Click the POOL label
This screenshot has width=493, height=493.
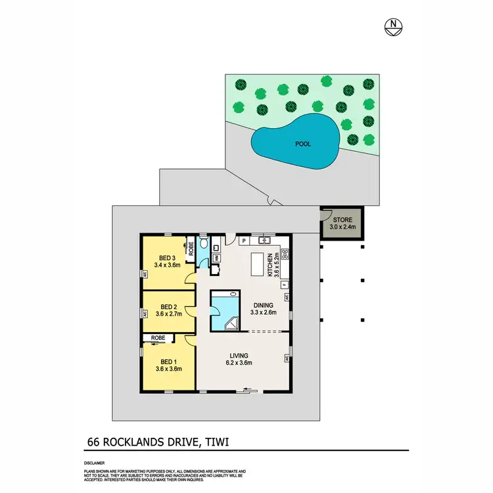303,144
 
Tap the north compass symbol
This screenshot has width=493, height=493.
392,26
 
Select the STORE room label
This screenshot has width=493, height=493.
342,220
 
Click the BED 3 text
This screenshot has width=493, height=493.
167,258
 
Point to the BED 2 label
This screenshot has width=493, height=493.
169,306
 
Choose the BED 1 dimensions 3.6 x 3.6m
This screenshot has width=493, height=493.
168,369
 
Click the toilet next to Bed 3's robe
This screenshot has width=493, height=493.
204,245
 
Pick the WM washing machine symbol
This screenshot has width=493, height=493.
216,258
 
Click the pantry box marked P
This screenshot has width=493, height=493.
243,241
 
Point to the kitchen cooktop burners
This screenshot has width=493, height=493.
285,254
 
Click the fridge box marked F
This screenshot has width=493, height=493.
284,285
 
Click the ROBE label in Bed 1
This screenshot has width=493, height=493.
158,338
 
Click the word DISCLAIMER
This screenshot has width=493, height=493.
94,463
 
